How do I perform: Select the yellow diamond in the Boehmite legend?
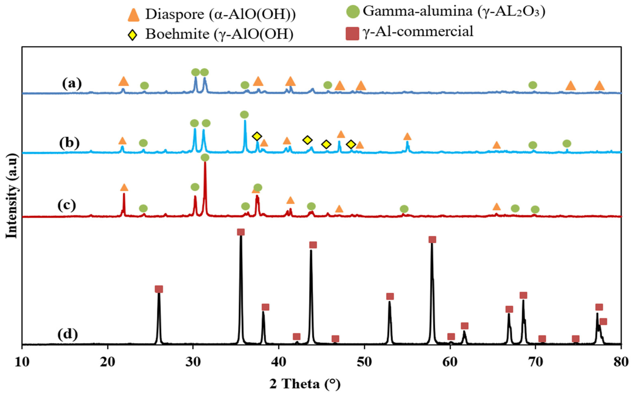pos(133,35)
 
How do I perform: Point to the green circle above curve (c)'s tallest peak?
pos(205,157)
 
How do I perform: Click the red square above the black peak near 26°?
pos(159,289)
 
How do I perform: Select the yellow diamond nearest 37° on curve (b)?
pos(257,136)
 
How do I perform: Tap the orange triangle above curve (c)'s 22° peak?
pos(124,188)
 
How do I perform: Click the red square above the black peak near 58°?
pos(432,240)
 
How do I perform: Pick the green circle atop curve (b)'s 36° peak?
pos(244,114)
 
